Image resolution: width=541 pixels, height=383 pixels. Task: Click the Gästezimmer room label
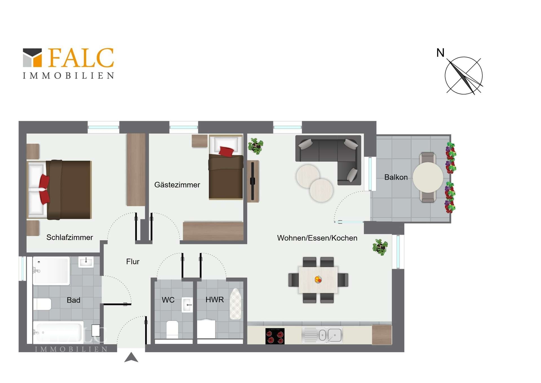pyautogui.click(x=177, y=185)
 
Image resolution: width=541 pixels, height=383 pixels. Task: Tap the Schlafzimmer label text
pyautogui.click(x=70, y=237)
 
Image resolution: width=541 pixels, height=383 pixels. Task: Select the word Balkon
pyautogui.click(x=396, y=177)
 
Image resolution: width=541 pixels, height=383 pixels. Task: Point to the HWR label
pyautogui.click(x=215, y=299)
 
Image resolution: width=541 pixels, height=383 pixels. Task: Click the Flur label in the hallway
pyautogui.click(x=133, y=262)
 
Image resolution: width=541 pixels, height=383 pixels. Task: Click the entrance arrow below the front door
pyautogui.click(x=131, y=357)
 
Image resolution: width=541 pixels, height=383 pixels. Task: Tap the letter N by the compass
pyautogui.click(x=440, y=53)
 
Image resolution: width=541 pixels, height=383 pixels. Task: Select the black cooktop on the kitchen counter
pyautogui.click(x=275, y=336)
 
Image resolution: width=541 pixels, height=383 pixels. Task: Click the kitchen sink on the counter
pyautogui.click(x=322, y=335)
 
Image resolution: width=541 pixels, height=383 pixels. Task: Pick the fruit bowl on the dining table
pyautogui.click(x=318, y=279)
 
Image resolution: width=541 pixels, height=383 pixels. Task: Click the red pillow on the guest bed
pyautogui.click(x=226, y=152)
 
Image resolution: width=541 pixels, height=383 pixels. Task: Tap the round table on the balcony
pyautogui.click(x=428, y=177)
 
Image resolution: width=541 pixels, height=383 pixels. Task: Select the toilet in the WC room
pyautogui.click(x=172, y=329)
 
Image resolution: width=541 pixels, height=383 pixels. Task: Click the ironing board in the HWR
pyautogui.click(x=236, y=304)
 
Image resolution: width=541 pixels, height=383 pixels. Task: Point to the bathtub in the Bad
pyautogui.click(x=58, y=332)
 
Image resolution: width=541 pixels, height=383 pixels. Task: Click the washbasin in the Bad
pyautogui.click(x=86, y=262)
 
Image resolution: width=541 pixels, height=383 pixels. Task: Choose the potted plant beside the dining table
pyautogui.click(x=380, y=247)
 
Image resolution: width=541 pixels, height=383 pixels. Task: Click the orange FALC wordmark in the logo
pyautogui.click(x=81, y=58)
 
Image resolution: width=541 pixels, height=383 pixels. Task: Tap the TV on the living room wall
pyautogui.click(x=253, y=181)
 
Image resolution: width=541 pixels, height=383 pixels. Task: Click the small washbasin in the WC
pyautogui.click(x=187, y=305)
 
